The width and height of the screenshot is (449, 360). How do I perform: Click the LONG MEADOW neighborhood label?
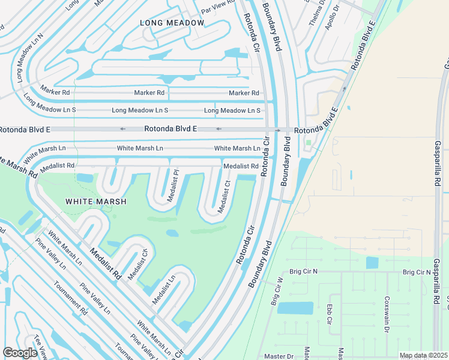pyautogui.click(x=172, y=23)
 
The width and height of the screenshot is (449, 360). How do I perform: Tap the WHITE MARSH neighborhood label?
pyautogui.click(x=96, y=202)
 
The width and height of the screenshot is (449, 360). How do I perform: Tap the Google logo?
pyautogui.click(x=20, y=353)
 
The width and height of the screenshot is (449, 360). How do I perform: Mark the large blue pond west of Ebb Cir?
pyautogui.click(x=295, y=308)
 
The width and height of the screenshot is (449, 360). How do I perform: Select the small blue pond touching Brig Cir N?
pyautogui.click(x=372, y=263)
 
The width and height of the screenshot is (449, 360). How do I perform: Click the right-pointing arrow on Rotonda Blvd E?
pyautogui.click(x=278, y=130)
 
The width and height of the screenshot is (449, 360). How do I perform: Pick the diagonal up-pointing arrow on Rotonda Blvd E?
pyautogui.click(x=345, y=89)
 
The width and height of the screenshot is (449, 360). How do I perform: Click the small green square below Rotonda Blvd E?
pyautogui.click(x=309, y=143)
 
